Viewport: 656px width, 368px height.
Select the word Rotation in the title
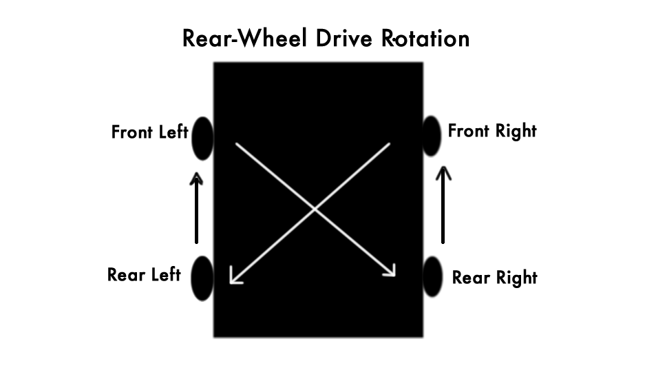pos(425,38)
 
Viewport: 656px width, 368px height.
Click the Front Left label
pos(149,132)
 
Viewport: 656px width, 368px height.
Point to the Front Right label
pos(492,131)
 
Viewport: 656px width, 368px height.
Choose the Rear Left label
pos(144,275)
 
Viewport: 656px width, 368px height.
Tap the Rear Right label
pos(494,278)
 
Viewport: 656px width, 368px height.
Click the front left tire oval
pos(203,139)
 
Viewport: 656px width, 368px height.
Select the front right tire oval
pos(432,136)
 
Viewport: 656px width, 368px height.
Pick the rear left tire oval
pos(202,278)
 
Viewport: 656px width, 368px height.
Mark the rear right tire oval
pos(432,277)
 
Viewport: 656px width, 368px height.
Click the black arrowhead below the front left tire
pos(196,178)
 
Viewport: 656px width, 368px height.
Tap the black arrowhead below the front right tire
pos(443,173)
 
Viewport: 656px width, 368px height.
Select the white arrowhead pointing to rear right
pos(390,270)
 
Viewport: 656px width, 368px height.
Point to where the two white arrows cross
pos(315,209)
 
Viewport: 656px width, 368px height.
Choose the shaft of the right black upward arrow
pos(443,208)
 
